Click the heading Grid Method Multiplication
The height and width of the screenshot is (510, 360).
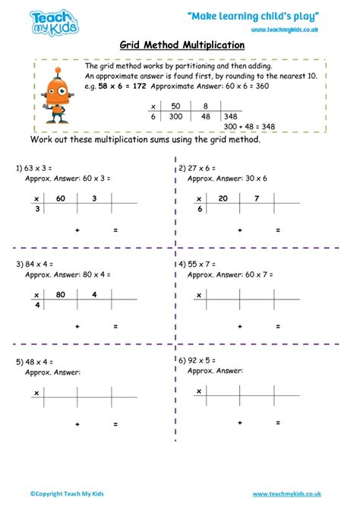click(180, 45)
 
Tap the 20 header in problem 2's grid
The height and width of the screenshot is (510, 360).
click(223, 198)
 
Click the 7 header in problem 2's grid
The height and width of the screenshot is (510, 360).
click(256, 198)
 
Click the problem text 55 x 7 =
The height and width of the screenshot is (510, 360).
click(201, 265)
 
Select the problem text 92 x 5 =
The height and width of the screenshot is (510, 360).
click(201, 362)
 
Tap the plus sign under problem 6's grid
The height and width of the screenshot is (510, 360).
click(240, 423)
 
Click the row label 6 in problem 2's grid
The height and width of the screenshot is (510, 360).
click(200, 207)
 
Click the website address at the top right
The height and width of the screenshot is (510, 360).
click(283, 30)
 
